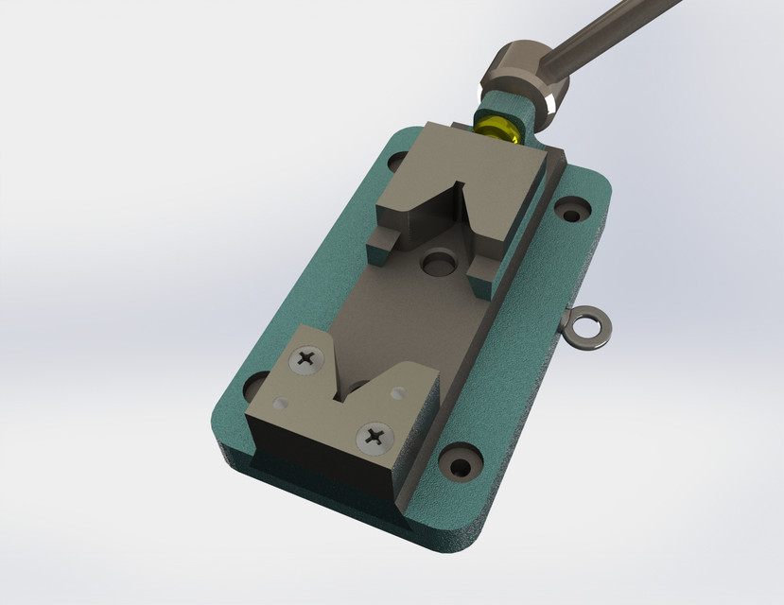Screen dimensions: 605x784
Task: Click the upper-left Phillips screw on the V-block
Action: [307, 358]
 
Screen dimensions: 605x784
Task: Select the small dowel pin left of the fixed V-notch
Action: [278, 404]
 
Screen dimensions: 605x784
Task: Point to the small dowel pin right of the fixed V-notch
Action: [404, 389]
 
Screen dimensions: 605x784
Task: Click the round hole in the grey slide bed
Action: [438, 260]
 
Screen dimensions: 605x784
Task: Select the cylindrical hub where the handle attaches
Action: [525, 76]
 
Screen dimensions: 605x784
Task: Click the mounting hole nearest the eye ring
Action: [571, 208]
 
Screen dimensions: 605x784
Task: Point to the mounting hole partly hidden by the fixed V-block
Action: [255, 386]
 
